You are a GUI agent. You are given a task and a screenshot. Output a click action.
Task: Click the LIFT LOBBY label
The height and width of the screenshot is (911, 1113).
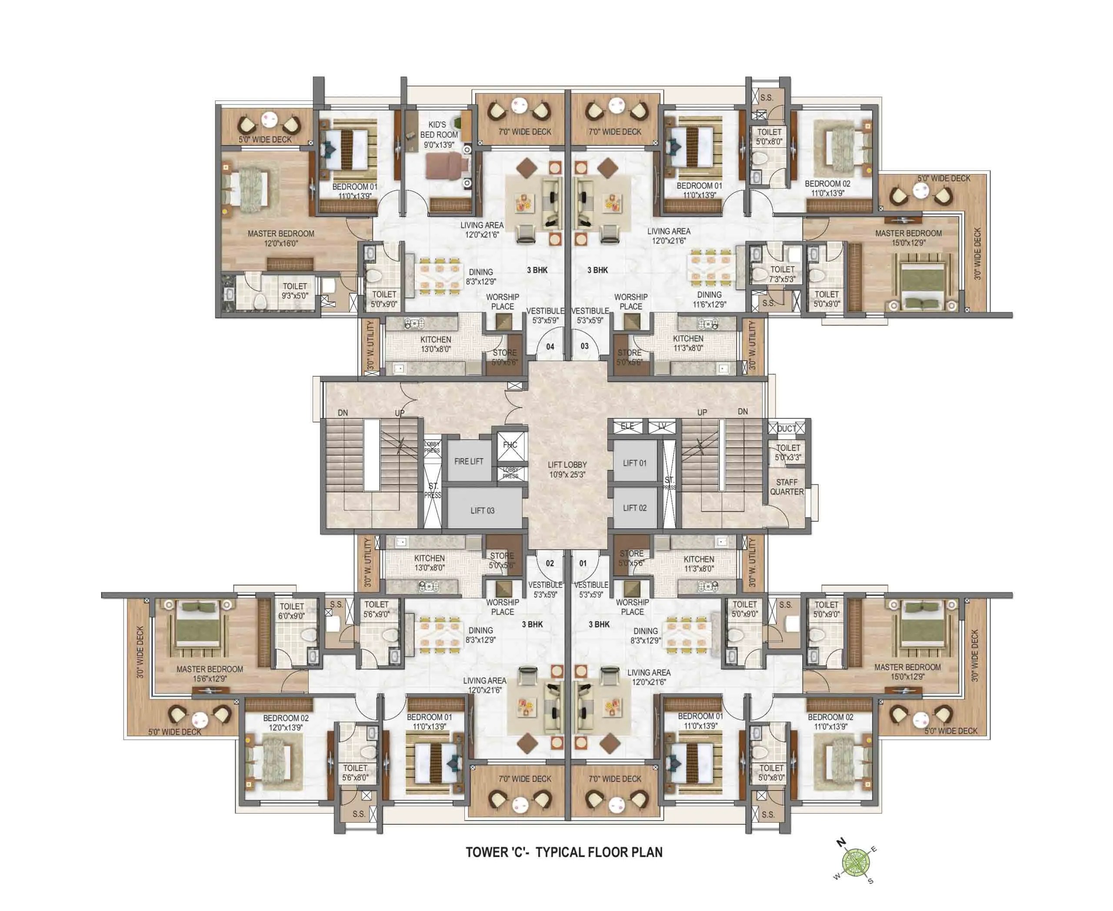pyautogui.click(x=567, y=469)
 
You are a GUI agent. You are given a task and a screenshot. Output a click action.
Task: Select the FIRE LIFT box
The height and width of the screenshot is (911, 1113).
pyautogui.click(x=469, y=461)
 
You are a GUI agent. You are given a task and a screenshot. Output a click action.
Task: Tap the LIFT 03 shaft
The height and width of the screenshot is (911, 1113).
pyautogui.click(x=482, y=510)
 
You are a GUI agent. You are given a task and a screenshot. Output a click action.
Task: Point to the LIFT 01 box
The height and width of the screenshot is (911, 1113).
pyautogui.click(x=634, y=463)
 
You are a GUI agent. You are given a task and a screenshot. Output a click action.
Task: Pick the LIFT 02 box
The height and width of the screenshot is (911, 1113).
pyautogui.click(x=634, y=507)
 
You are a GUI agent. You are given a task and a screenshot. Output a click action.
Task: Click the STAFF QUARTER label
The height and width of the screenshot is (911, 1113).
pyautogui.click(x=786, y=487)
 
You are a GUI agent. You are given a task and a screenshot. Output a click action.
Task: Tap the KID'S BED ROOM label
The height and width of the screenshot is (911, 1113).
pyautogui.click(x=439, y=134)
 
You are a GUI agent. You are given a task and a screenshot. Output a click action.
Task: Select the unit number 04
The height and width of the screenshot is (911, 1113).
pyautogui.click(x=550, y=346)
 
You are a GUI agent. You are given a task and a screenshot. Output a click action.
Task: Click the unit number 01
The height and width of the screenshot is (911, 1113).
pyautogui.click(x=583, y=563)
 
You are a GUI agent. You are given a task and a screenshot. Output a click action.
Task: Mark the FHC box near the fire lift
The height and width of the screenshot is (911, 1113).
pyautogui.click(x=510, y=445)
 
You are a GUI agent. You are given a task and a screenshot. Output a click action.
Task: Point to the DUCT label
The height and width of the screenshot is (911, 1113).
pyautogui.click(x=786, y=429)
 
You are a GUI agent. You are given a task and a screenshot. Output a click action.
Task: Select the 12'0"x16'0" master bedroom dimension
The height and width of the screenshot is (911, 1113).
pyautogui.click(x=281, y=244)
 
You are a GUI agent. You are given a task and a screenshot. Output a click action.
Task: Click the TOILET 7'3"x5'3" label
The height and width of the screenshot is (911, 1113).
pyautogui.click(x=782, y=274)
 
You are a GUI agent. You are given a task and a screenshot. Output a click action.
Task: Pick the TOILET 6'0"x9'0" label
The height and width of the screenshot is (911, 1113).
pyautogui.click(x=291, y=611)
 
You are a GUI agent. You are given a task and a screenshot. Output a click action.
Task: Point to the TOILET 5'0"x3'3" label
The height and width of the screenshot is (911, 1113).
pyautogui.click(x=788, y=452)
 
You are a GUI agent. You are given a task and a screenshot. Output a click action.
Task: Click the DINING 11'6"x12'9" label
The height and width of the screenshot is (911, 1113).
pyautogui.click(x=709, y=299)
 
